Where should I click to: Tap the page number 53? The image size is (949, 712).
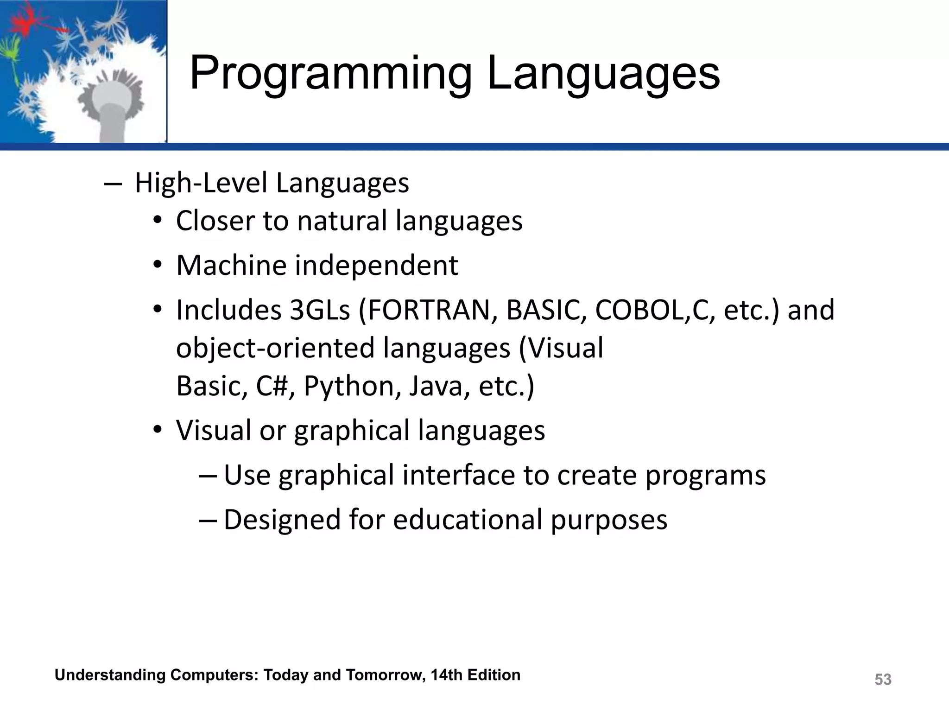883,680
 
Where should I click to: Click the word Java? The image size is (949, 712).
436,386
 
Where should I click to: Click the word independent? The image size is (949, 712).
376,266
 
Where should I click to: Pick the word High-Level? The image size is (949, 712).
201,183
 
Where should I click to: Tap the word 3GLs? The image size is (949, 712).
320,310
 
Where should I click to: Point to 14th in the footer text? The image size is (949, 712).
446,675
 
